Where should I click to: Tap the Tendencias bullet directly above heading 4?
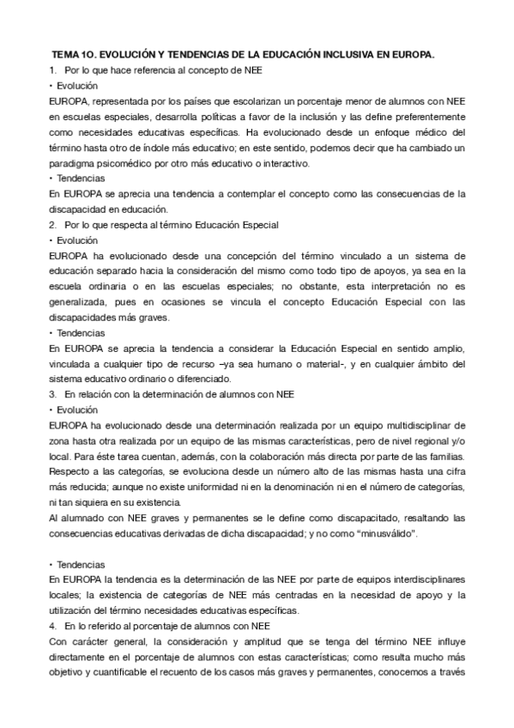click(77, 563)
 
